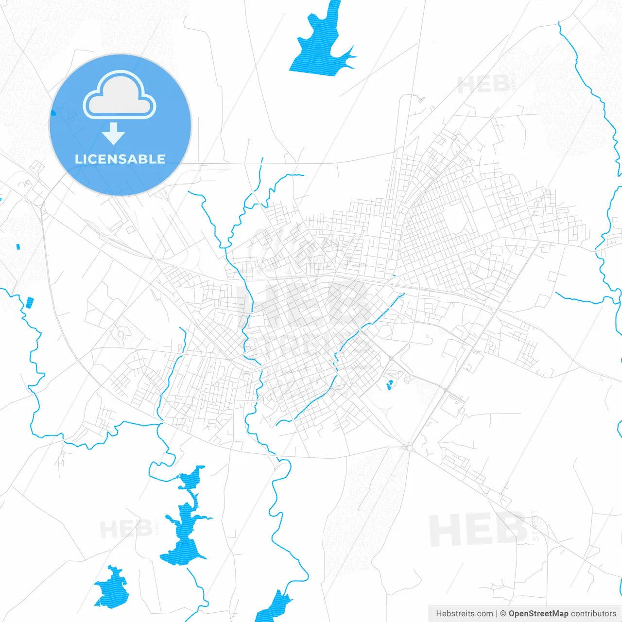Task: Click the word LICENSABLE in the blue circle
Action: (x=120, y=159)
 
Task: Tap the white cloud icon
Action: (x=120, y=96)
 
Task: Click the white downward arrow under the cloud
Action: (x=114, y=134)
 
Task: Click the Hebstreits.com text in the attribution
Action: (x=464, y=614)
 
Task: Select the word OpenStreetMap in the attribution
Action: (x=538, y=614)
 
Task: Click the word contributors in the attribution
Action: (x=593, y=614)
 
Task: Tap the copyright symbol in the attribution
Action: (x=503, y=614)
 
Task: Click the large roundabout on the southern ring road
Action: (x=408, y=447)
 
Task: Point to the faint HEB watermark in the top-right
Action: (x=484, y=85)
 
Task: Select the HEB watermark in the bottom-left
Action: (x=126, y=529)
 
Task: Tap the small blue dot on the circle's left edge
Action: (x=53, y=113)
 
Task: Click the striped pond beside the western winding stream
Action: (x=30, y=302)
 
